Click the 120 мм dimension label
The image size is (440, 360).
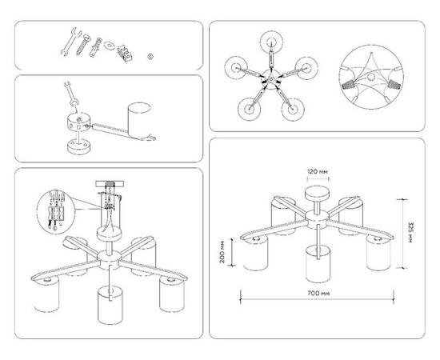click(x=317, y=171)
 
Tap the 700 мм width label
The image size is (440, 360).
click(x=318, y=294)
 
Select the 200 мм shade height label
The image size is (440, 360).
click(x=222, y=252)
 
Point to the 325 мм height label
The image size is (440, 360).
click(x=410, y=233)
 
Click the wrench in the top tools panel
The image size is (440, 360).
click(x=70, y=42)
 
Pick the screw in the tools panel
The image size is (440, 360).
click(x=82, y=44)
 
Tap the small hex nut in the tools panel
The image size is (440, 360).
click(x=150, y=56)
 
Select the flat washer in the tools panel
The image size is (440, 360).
click(x=109, y=45)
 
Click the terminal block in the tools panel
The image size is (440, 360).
click(x=125, y=53)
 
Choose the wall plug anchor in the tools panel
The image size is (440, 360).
click(x=95, y=47)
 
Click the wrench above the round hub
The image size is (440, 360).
click(x=71, y=94)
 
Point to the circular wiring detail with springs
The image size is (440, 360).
click(x=371, y=77)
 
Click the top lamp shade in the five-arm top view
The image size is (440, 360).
click(x=271, y=42)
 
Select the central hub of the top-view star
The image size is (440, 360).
click(x=270, y=79)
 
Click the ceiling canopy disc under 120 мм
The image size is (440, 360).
click(x=317, y=194)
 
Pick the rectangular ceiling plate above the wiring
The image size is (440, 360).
click(x=110, y=184)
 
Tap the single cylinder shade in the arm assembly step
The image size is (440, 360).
click(x=140, y=121)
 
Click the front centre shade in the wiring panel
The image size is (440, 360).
click(x=110, y=306)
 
